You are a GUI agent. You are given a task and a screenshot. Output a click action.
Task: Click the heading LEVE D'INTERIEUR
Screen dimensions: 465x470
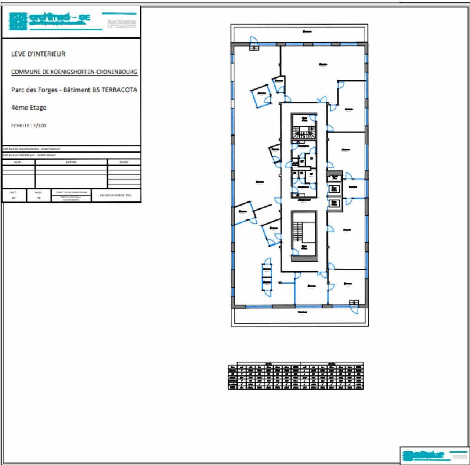click(x=38, y=54)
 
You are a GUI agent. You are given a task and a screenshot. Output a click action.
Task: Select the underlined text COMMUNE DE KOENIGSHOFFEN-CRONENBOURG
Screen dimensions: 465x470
click(x=74, y=72)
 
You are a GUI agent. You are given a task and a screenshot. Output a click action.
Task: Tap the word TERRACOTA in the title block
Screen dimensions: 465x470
click(x=119, y=90)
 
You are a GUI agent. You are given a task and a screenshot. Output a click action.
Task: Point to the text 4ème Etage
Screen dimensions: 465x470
click(x=29, y=108)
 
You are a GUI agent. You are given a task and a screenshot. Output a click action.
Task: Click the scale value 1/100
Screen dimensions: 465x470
click(x=40, y=126)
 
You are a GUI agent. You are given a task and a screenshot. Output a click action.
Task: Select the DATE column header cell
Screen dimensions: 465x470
click(x=18, y=162)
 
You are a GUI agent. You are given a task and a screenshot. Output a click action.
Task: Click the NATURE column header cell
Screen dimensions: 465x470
click(x=71, y=162)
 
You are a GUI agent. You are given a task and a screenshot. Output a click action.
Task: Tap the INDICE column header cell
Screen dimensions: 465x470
click(x=124, y=162)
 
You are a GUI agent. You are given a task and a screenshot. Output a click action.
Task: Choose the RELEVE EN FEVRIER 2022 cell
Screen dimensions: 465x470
click(x=116, y=195)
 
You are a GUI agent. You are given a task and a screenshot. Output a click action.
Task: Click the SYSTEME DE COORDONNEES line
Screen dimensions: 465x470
click(x=32, y=149)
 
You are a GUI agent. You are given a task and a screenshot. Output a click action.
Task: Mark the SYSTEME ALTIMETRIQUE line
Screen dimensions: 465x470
click(x=29, y=155)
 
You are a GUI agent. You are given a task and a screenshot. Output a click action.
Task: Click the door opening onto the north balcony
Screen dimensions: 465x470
click(x=254, y=41)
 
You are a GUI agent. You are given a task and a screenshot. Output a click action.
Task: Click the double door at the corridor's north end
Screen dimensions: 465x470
click(x=322, y=100)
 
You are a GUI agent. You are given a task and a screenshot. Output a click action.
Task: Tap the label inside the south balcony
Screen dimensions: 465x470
click(x=302, y=312)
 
